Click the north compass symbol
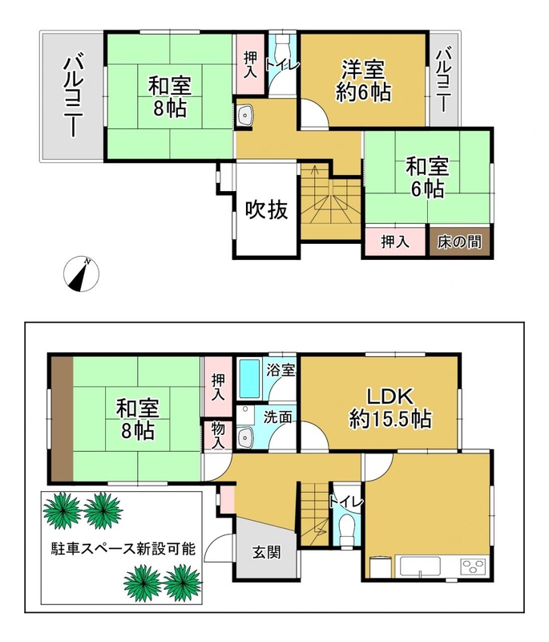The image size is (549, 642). (81, 274)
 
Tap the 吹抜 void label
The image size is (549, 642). (267, 210)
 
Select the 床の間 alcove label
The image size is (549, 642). (459, 242)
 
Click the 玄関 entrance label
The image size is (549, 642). (266, 552)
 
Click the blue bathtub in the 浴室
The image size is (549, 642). (249, 379)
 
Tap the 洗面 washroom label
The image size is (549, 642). (277, 416)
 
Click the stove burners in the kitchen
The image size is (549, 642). (474, 567)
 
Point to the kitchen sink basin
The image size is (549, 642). (420, 566)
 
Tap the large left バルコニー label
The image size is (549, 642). (73, 97)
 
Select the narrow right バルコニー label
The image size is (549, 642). (443, 80)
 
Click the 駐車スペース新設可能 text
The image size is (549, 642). (123, 548)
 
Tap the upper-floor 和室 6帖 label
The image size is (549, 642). (427, 177)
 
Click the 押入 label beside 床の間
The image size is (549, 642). (395, 242)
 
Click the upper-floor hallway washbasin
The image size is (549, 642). (246, 116)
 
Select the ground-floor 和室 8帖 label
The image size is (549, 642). (137, 419)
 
